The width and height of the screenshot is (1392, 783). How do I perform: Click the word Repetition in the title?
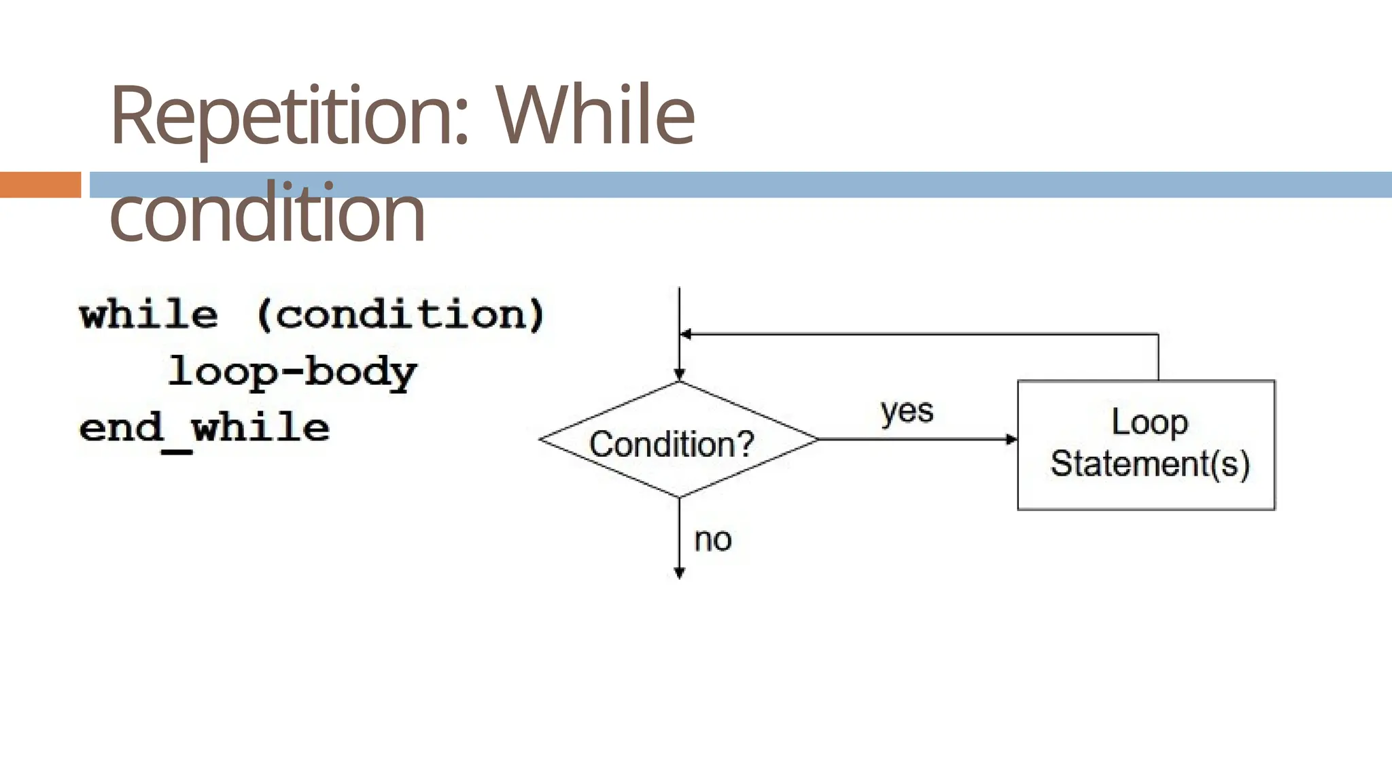click(x=290, y=116)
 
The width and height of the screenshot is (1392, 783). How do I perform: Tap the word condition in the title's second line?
click(x=267, y=213)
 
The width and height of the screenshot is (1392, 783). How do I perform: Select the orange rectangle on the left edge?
click(x=40, y=185)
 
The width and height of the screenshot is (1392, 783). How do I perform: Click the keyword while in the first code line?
click(x=149, y=315)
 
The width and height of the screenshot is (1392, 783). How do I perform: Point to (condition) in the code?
click(x=401, y=315)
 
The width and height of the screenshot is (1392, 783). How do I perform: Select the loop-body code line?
click(x=292, y=372)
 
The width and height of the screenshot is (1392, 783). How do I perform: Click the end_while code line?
click(x=205, y=429)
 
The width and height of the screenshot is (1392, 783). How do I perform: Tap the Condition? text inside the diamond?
click(x=672, y=445)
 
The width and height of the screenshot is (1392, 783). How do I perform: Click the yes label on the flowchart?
click(x=907, y=412)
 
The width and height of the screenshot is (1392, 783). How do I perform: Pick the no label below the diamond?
click(x=712, y=540)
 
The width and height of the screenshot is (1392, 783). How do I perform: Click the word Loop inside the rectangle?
click(x=1149, y=422)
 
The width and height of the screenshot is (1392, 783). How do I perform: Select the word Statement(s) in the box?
click(x=1149, y=464)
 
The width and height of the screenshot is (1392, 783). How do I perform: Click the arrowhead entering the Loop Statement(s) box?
click(x=1012, y=440)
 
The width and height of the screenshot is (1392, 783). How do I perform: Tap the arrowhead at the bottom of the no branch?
click(x=679, y=574)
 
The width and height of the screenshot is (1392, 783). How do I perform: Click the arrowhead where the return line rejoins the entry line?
click(x=686, y=334)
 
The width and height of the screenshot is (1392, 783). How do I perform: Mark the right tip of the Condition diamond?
click(x=818, y=440)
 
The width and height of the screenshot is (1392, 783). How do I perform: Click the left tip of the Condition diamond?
click(x=541, y=440)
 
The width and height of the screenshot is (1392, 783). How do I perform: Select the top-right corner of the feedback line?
click(x=1158, y=334)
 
